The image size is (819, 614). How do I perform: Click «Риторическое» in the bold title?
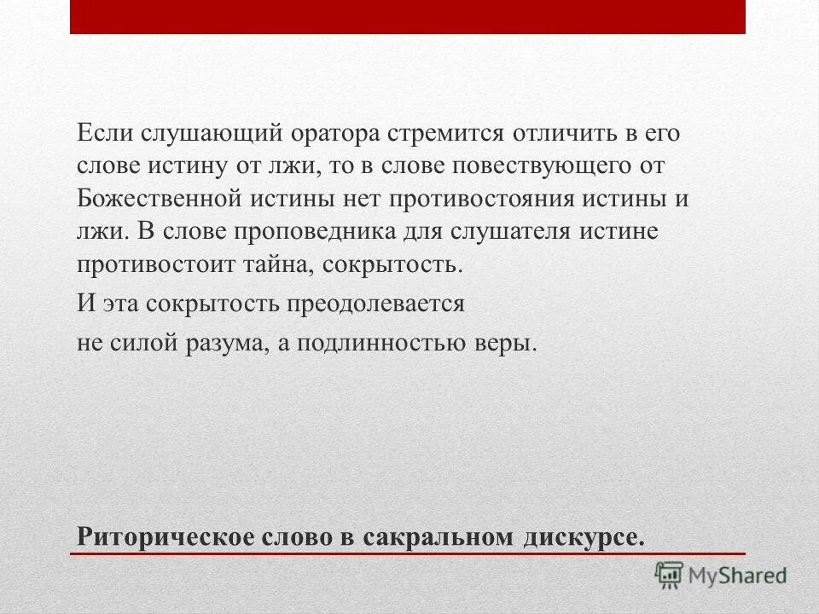160,537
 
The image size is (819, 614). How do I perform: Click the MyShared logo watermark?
720,575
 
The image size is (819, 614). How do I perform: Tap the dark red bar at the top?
408,17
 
